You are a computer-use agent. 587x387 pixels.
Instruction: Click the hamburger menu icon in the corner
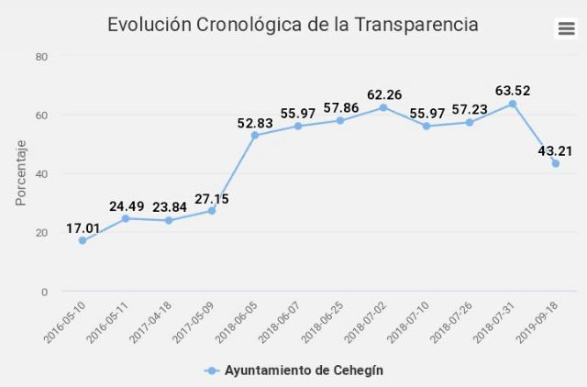coord(566,28)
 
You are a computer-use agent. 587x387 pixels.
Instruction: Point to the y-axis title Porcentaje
coord(20,173)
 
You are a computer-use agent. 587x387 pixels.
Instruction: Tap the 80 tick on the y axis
coord(41,57)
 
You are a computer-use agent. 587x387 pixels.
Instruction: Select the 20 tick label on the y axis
coord(41,233)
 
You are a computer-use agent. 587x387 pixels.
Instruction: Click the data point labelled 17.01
coord(83,241)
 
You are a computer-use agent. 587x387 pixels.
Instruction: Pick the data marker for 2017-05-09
coord(212,211)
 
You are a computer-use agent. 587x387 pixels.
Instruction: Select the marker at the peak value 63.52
coord(513,104)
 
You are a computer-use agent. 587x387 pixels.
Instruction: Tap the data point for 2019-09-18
coord(556,164)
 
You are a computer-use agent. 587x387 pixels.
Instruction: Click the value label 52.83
coord(255,125)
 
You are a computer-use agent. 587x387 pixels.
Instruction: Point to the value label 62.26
coord(383,94)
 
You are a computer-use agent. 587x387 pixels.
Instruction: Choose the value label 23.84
coord(169,207)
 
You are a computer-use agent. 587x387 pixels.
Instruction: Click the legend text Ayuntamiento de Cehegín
coord(304,370)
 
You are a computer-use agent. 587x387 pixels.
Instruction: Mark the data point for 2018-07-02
coord(383,107)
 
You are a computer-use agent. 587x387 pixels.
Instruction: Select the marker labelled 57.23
coord(470,122)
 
